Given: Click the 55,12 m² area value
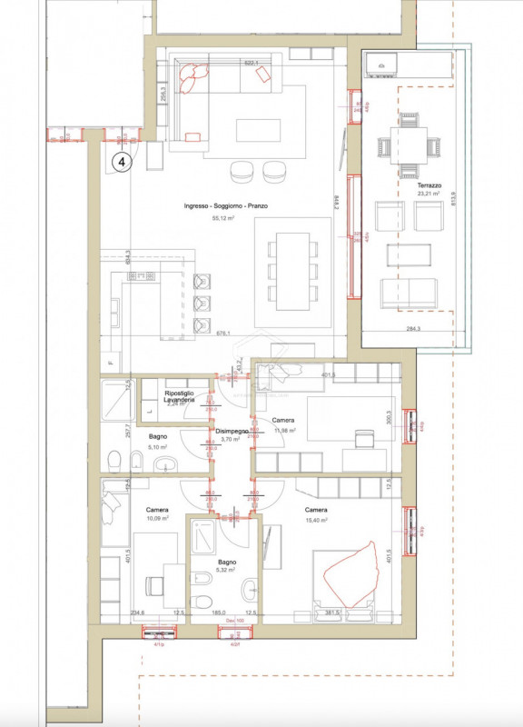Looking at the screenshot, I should click(222, 219).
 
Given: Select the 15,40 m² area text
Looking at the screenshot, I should click(316, 520).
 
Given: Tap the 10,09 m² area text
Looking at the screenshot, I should click(158, 520).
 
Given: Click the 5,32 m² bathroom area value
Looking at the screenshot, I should click(224, 571).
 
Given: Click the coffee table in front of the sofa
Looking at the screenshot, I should click(258, 130).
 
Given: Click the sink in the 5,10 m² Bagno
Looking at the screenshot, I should click(160, 467).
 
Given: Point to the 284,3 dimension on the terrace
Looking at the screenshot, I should click(414, 330).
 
